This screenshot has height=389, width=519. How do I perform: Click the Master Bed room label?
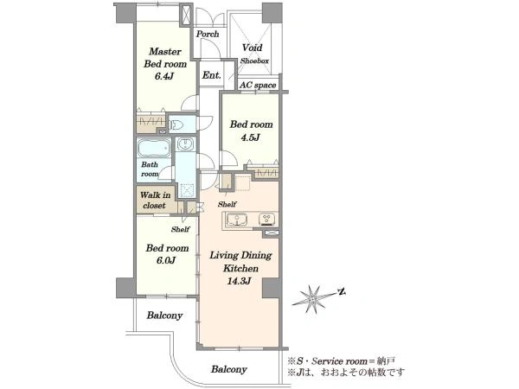coord(165,58)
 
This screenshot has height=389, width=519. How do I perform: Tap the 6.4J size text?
coord(163,76)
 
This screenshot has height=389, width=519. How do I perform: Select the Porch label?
coord(208,34)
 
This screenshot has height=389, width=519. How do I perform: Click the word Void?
coord(253,48)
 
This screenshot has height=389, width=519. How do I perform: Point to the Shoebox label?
coord(254,61)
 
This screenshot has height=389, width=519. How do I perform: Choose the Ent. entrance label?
coord(212,75)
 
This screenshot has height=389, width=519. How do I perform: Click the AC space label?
coord(258,86)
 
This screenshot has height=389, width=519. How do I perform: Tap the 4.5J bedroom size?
coord(251,137)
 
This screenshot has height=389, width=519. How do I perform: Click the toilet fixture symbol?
coord(176,124)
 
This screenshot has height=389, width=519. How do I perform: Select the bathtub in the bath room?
coord(154,148)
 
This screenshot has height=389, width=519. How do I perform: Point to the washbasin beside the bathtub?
coord(185,143)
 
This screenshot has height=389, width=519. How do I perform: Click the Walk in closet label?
coord(155,201)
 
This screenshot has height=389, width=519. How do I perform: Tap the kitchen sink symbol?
coord(237,220)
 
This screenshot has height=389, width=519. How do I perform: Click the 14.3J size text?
coord(239,281)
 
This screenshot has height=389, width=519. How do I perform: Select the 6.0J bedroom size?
coord(166,260)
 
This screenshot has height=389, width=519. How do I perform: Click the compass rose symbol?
coord(312,299)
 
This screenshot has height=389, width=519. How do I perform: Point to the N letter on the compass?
coord(342,292)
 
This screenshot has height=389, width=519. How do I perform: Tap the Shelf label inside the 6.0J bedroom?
coord(181,229)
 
